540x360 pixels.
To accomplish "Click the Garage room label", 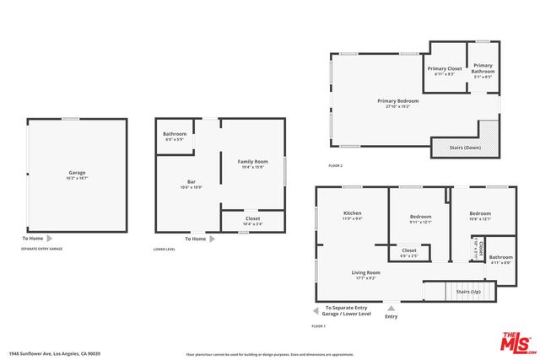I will coord(77,173).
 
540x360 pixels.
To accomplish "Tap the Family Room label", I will coord(252,161).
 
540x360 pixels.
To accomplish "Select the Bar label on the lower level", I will coord(192,182).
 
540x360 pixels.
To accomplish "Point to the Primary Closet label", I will coord(445,68).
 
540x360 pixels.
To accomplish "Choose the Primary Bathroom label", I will coord(483,68).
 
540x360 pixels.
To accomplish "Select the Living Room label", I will coord(366,272).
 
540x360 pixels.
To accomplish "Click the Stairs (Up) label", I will coord(467,291).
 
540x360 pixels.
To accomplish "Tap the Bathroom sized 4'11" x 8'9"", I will coord(500,262).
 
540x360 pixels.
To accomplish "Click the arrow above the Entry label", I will coord(391,309).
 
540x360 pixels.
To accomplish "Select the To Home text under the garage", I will coord(33,239).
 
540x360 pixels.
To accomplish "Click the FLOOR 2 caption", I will coord(336,165).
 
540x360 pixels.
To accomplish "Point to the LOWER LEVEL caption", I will coord(165,250).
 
